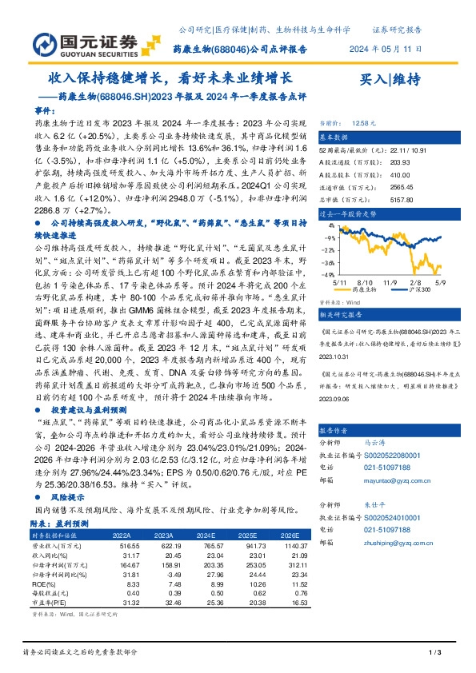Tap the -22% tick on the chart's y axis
327,249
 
